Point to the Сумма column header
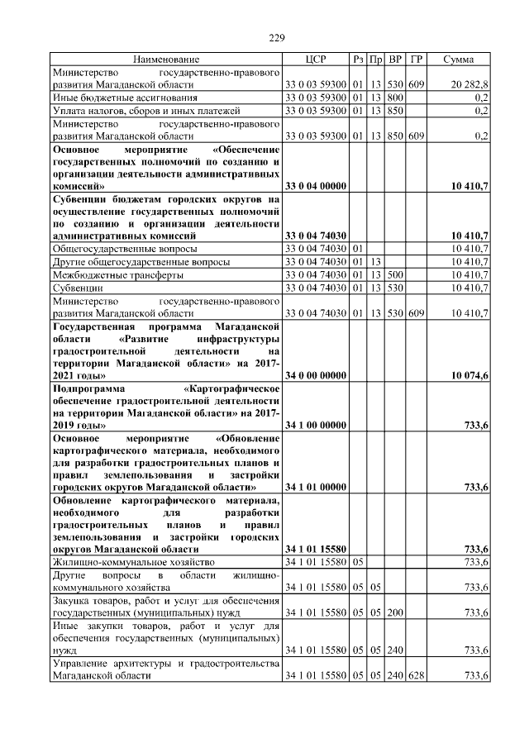[x=458, y=60]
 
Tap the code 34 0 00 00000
[x=315, y=376]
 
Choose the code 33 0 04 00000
[x=315, y=187]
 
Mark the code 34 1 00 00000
[x=315, y=425]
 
